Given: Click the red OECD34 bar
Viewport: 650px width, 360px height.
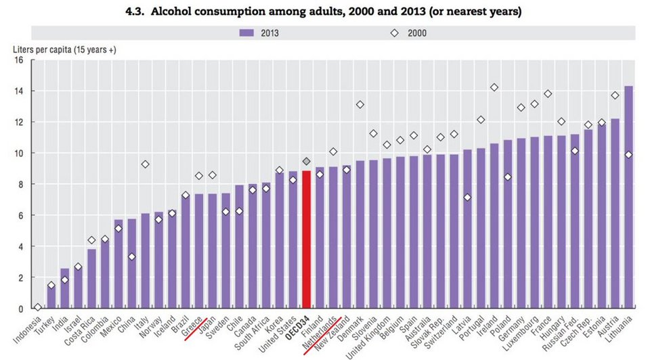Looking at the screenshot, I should [306, 240].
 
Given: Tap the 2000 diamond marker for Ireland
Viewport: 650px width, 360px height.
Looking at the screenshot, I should [494, 87].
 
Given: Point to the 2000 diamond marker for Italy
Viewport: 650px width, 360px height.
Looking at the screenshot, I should [145, 164].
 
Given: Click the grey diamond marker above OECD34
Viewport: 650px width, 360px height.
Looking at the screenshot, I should [306, 161].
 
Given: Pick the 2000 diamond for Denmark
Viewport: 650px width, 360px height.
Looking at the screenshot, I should [360, 104].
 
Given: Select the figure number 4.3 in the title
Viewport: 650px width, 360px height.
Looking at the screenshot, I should [148, 12].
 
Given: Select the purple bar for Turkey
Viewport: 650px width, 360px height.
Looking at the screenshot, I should [51, 297].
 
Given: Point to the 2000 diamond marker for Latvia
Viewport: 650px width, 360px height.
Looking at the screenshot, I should [467, 198].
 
